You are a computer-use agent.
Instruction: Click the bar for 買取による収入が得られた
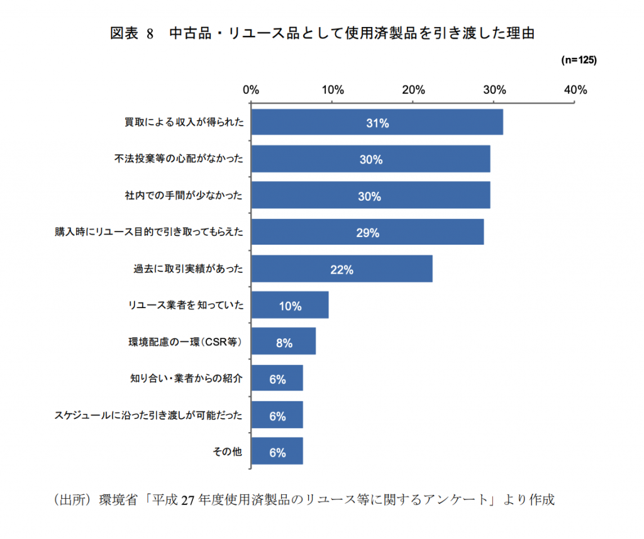tap(377, 122)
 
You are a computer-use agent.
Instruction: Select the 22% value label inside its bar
tap(341, 269)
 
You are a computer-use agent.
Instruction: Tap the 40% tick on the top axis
tap(575, 90)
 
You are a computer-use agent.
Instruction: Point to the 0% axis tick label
tap(250, 90)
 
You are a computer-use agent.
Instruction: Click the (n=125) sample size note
tap(579, 60)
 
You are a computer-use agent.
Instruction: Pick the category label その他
tap(227, 452)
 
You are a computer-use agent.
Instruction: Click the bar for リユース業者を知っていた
tap(290, 305)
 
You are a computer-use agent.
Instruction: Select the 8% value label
tap(284, 343)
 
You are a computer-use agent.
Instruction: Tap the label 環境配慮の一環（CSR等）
tap(185, 342)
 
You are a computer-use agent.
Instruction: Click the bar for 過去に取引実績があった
tap(341, 269)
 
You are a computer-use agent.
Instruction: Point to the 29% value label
tap(367, 233)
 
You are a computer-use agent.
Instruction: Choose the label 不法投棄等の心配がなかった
tap(179, 158)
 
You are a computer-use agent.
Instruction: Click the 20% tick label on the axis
tap(413, 90)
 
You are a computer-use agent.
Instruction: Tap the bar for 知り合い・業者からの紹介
tap(277, 378)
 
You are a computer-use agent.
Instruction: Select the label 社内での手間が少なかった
tap(184, 195)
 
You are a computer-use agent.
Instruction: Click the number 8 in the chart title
tap(150, 34)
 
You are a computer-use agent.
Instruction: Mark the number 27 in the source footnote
tap(187, 500)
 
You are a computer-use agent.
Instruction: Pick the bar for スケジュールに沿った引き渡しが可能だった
tap(277, 415)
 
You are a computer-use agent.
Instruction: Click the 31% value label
tap(377, 123)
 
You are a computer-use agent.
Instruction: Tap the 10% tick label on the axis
tap(333, 90)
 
